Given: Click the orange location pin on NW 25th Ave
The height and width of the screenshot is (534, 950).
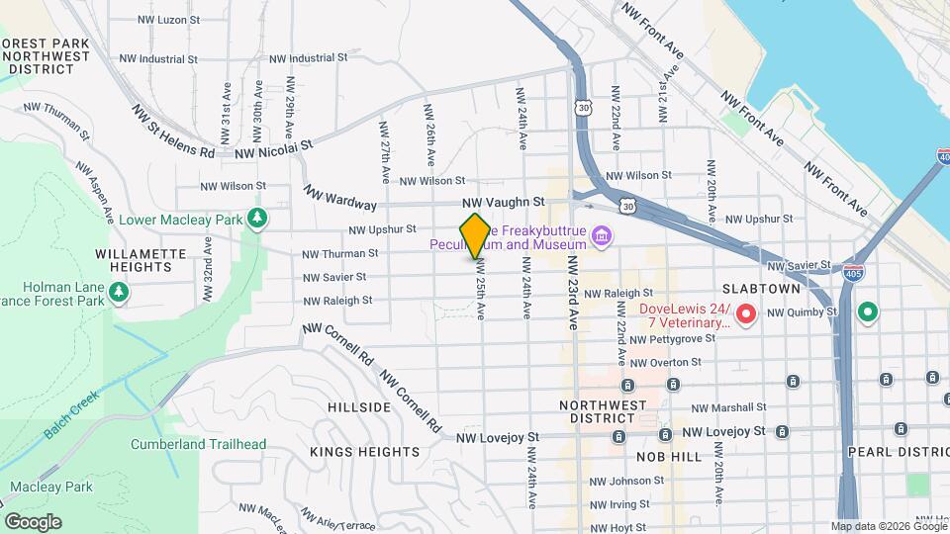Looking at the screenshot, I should [x=475, y=235].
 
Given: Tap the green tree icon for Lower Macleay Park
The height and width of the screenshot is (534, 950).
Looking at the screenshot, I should [x=257, y=218].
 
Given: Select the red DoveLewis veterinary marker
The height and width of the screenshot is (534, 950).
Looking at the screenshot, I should [x=747, y=314].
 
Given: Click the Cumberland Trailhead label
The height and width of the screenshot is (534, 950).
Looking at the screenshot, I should [x=198, y=444].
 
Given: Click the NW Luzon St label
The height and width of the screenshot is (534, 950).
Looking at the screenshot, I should [x=168, y=19].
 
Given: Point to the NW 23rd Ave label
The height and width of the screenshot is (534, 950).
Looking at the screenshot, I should [x=571, y=293].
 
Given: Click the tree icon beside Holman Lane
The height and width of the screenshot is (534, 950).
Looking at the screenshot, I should [x=119, y=292].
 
